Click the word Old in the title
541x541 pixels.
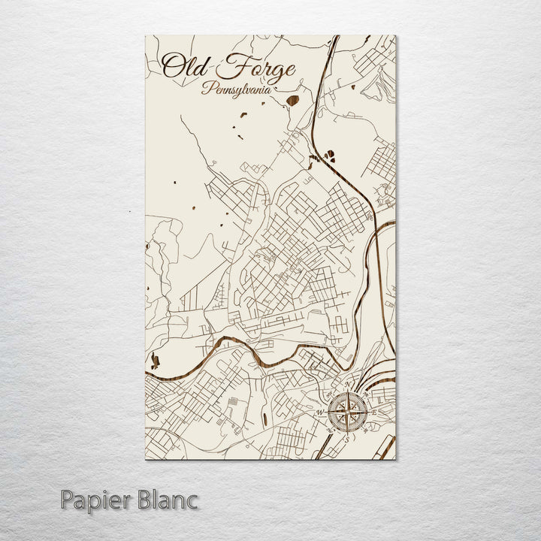click(x=183, y=67)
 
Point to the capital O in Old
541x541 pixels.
click(x=171, y=67)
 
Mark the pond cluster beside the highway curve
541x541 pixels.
click(x=328, y=156)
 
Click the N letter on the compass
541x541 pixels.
click(x=347, y=387)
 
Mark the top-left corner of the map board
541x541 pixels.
click(x=145, y=35)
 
